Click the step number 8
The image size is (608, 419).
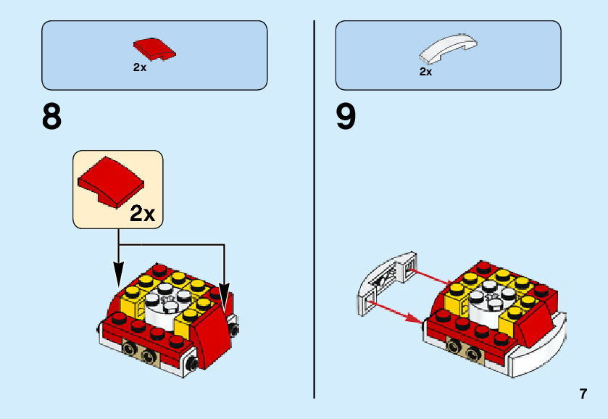[52, 117]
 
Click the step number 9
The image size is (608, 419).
[346, 117]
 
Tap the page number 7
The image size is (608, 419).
[583, 394]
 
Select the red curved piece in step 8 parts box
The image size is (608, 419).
[154, 49]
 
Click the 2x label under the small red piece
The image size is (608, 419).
[140, 67]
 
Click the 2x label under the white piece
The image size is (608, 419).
[425, 72]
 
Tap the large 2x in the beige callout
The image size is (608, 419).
[141, 213]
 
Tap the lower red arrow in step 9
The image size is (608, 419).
[398, 311]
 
